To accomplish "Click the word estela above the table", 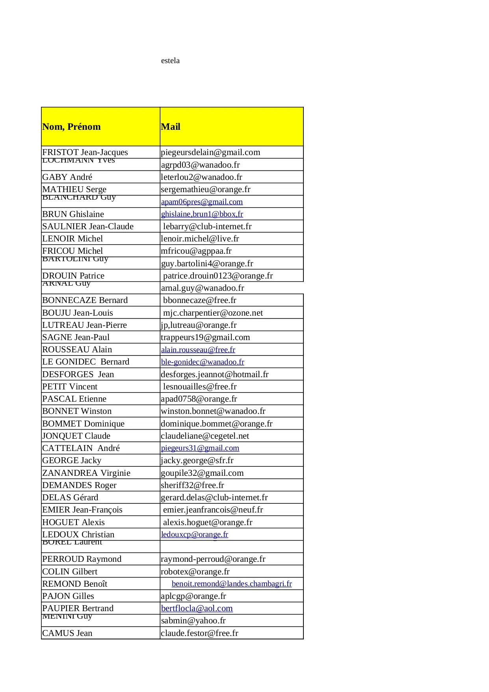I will (170, 61).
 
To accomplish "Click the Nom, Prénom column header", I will (71, 127).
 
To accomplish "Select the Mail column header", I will (171, 127).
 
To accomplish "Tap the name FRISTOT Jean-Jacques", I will (85, 152).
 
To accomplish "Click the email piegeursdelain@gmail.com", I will (210, 152).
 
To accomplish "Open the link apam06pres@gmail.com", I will (202, 202).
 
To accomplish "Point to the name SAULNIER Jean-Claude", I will (88, 226).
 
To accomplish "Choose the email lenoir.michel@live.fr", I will (200, 239).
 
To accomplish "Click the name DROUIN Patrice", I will (73, 276).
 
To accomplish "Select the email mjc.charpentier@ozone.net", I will (213, 313).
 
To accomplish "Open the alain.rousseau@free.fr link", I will (198, 350).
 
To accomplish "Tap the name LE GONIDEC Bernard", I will (86, 362).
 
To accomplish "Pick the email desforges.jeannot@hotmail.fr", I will (214, 374).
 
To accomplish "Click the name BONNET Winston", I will (77, 411).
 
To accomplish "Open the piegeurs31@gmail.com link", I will (200, 448).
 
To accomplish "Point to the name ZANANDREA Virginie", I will (86, 473).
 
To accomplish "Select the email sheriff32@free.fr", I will (192, 485).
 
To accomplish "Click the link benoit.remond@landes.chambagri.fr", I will (232, 584).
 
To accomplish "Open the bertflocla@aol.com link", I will (197, 608).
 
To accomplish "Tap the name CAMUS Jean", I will (67, 633).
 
